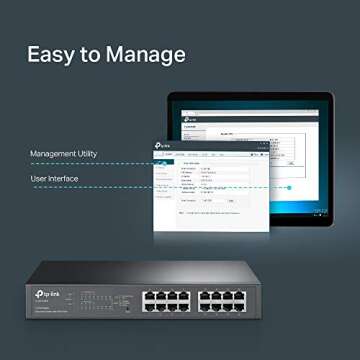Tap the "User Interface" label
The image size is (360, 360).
coord(54,179)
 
